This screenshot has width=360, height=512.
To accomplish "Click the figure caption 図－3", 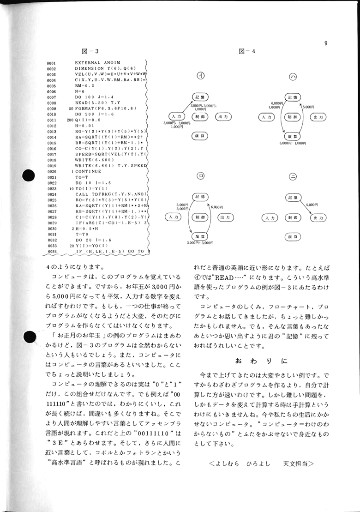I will pos(90,51).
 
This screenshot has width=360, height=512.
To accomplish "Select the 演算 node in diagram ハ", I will pos(292,136).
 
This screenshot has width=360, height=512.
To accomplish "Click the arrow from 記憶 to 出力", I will pos(304,206).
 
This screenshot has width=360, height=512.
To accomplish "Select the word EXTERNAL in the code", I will pos(88,62).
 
